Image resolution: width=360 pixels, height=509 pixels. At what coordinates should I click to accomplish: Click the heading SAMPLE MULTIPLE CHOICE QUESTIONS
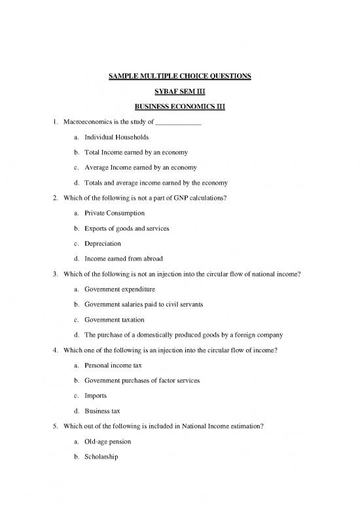[x=179, y=77]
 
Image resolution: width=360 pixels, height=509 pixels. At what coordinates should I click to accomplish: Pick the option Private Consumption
[x=114, y=214]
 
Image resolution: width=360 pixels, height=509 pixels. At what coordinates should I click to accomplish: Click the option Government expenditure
[x=119, y=289]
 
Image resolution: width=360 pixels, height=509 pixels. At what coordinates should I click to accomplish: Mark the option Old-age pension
[x=109, y=441]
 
